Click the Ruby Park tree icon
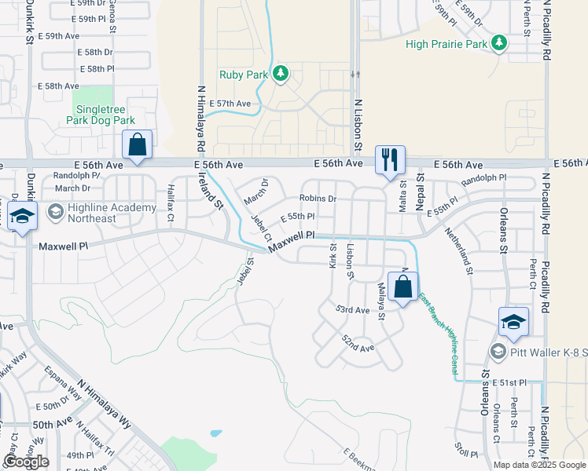click(x=281, y=75)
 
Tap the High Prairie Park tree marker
click(x=498, y=43)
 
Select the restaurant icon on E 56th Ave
click(x=390, y=160)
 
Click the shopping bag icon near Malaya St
click(x=402, y=287)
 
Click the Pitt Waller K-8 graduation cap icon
click(x=513, y=323)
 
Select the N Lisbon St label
click(x=357, y=126)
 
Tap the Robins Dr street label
click(x=317, y=199)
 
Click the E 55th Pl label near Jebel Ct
click(x=297, y=216)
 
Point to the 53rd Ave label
click(x=352, y=310)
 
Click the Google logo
click(x=26, y=462)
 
